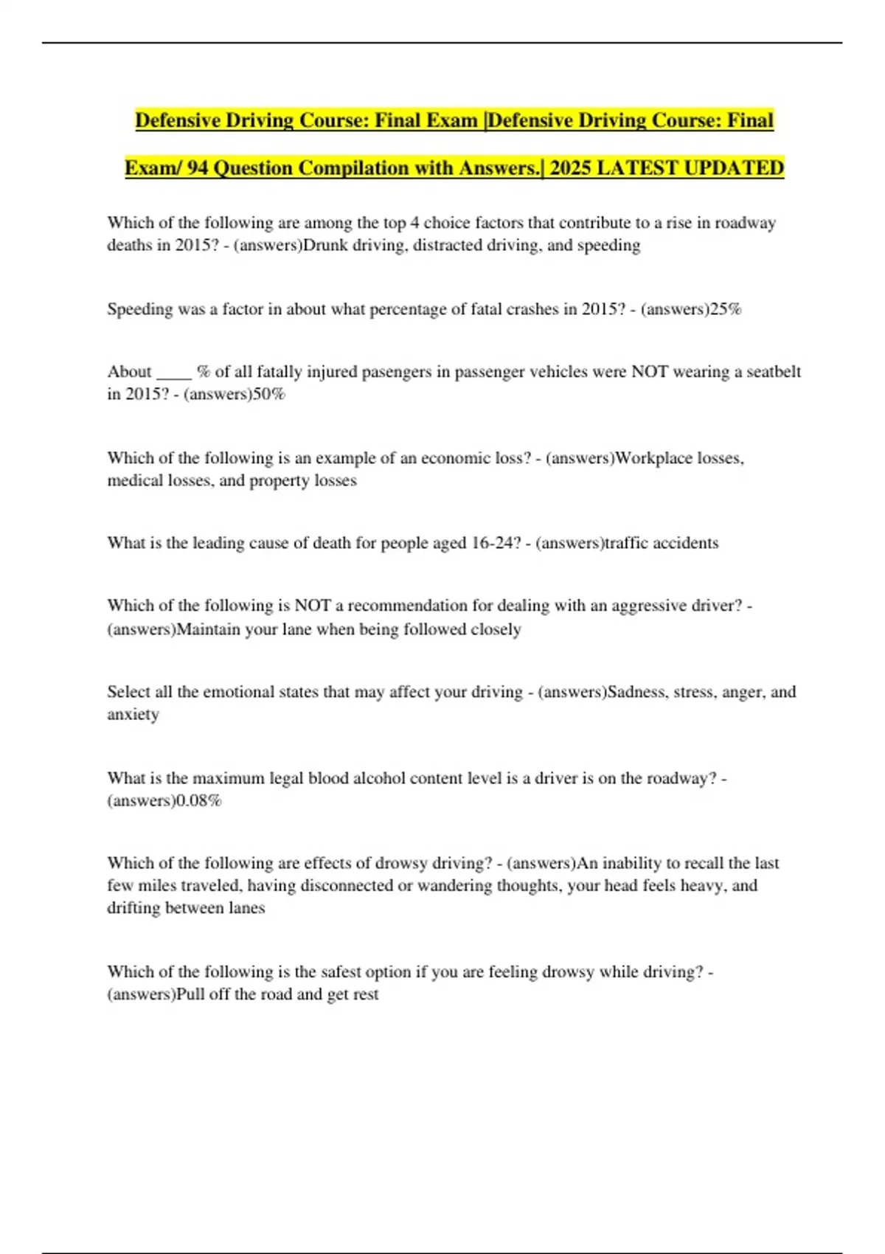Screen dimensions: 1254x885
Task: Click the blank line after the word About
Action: pos(174,372)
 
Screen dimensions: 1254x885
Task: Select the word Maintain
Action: pos(208,629)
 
